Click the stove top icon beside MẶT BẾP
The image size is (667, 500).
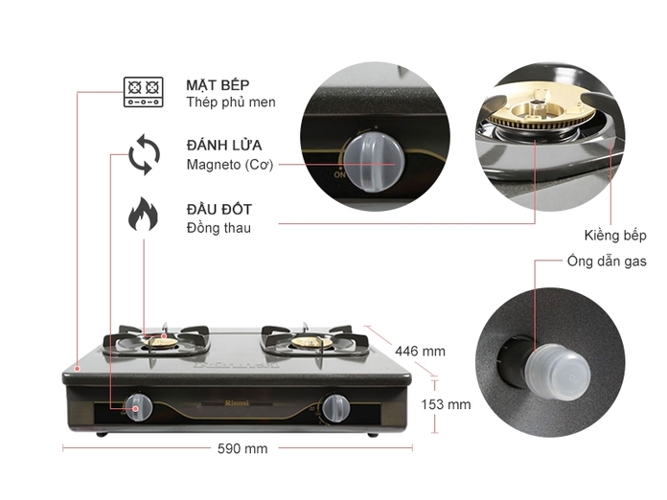[x=144, y=92]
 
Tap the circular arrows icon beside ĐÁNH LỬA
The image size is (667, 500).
[x=144, y=154]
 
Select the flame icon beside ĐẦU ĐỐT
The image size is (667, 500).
[x=144, y=215]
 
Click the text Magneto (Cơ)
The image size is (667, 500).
[x=230, y=165]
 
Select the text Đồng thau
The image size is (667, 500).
[x=218, y=227]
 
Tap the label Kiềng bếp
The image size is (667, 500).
[x=615, y=235]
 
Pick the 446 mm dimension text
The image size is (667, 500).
[x=420, y=352]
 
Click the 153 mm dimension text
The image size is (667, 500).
[x=446, y=404]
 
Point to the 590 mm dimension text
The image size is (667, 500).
[x=242, y=448]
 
